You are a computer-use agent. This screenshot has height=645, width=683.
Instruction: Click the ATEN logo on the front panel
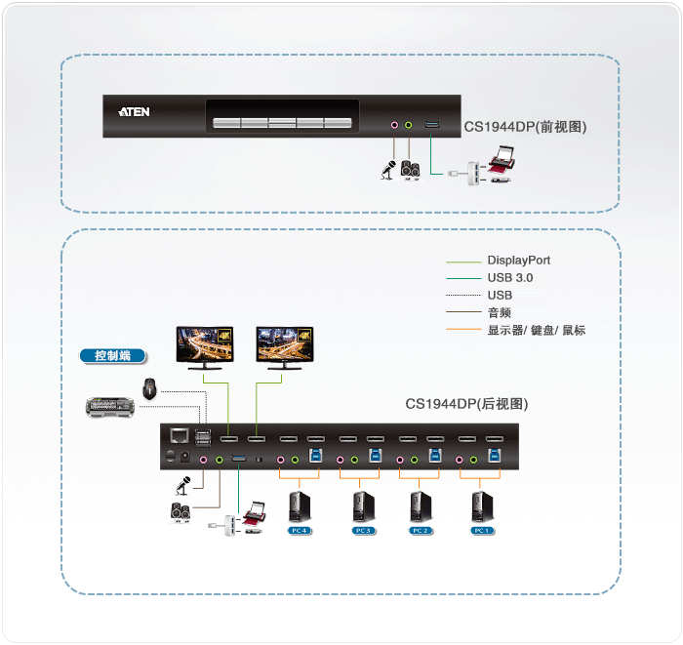click(134, 112)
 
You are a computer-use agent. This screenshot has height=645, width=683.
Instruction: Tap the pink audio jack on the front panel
click(394, 125)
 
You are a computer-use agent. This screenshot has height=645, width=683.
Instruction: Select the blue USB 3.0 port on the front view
click(432, 125)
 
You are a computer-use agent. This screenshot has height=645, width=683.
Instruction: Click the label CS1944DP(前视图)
click(525, 127)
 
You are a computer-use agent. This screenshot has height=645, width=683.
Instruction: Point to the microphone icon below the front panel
click(387, 170)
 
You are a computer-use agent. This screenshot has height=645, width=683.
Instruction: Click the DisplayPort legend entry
click(518, 261)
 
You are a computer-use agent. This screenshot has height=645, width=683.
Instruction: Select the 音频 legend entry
click(499, 312)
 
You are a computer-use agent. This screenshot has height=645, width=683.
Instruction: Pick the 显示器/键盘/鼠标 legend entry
click(536, 330)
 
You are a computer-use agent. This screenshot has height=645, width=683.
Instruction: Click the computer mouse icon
click(149, 388)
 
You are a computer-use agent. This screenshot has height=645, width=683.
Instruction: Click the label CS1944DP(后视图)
click(466, 404)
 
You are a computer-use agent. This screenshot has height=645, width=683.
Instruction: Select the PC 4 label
click(299, 531)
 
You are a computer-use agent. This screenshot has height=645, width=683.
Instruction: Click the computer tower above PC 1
click(481, 505)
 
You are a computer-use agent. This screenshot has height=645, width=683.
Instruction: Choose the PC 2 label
click(420, 531)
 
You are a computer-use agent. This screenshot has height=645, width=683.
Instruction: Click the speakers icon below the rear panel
click(181, 510)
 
